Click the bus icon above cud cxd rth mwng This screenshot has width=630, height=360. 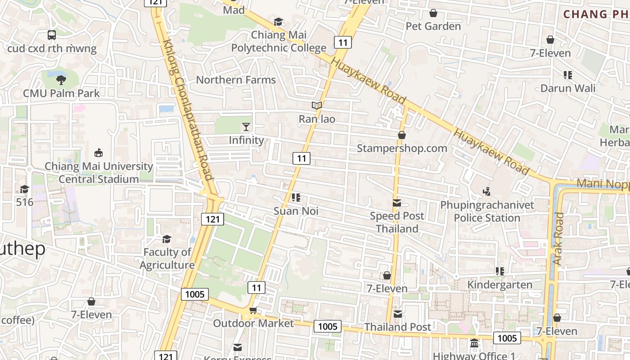click(x=52, y=35)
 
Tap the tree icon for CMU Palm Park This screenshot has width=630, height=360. click(x=61, y=80)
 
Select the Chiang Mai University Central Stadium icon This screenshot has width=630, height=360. click(x=99, y=153)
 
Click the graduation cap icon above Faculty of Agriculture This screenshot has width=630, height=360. click(x=167, y=239)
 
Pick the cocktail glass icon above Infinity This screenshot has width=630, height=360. click(x=246, y=127)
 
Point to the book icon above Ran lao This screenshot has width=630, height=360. click(x=317, y=106)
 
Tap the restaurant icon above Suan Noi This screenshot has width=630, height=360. click(x=296, y=198)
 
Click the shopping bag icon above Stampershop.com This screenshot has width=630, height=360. click(x=402, y=135)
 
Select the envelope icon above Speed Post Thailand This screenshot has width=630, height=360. click(x=397, y=203)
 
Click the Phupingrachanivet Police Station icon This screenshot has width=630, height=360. click(x=487, y=192)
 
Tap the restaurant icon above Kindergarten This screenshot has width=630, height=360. click(x=499, y=271)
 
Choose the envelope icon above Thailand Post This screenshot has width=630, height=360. click(x=398, y=314)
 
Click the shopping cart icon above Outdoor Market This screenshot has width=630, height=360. click(x=253, y=310)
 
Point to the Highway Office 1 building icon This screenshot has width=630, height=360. click(x=474, y=343)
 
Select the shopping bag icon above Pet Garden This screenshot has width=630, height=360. click(x=433, y=13)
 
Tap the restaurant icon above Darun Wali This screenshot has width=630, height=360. click(x=568, y=75)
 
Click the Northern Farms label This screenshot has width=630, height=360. click(x=236, y=80)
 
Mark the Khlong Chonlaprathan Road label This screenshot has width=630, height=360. click(x=188, y=110)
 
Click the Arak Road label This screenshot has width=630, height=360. click(x=558, y=238)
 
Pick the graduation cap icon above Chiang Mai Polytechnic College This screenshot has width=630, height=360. click(x=279, y=22)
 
